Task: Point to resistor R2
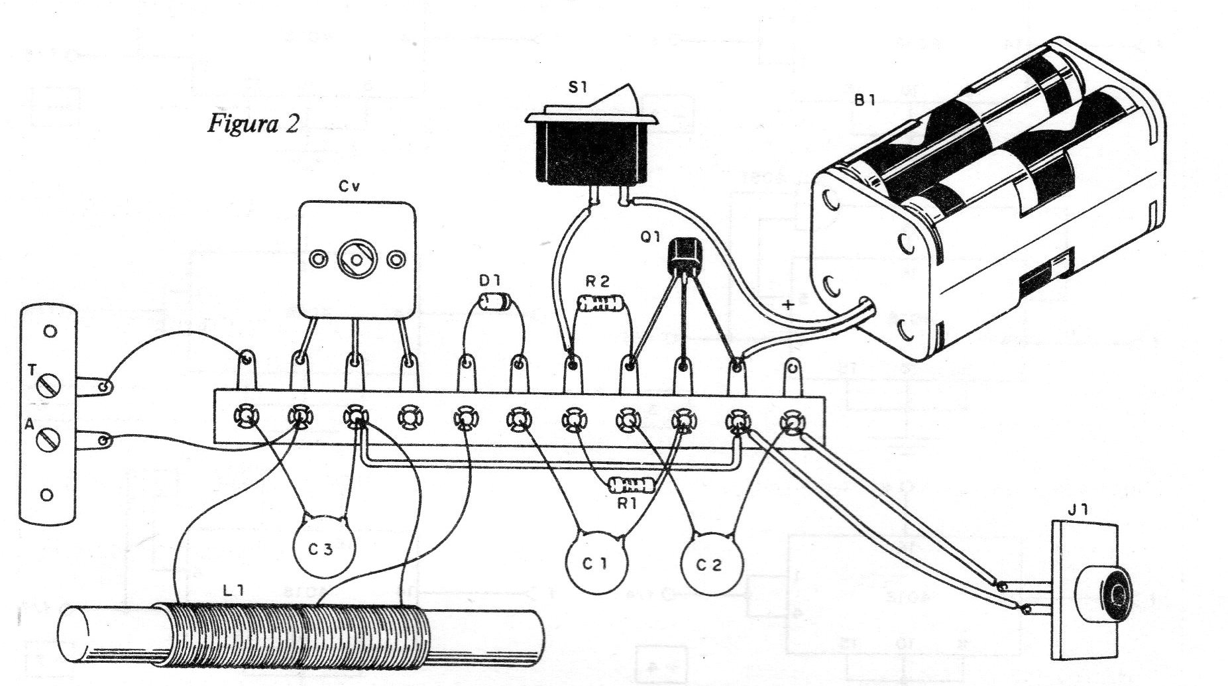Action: [602, 304]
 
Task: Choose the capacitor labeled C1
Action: [596, 563]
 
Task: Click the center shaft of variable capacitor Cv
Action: [357, 258]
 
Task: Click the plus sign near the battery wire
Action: [788, 305]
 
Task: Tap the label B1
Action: [865, 101]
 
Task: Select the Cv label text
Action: [349, 188]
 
